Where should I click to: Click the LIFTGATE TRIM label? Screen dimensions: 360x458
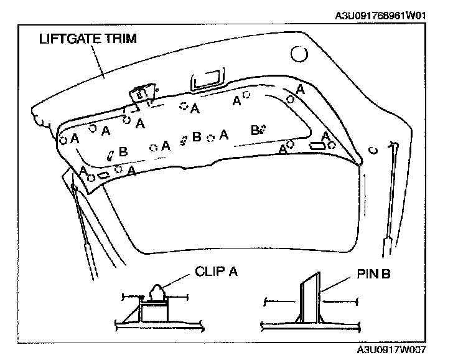[87, 39]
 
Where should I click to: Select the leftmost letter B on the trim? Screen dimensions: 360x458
[123, 151]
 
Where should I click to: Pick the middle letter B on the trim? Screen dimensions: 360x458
[197, 137]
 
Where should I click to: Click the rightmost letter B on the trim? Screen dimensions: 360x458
[254, 130]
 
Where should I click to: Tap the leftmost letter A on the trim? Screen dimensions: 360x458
[75, 138]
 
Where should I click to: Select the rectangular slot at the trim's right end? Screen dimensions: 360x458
[316, 144]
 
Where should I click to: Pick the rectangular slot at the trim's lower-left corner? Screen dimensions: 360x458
[105, 176]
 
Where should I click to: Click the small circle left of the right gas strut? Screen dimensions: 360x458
[372, 149]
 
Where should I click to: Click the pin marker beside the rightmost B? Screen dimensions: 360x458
[263, 129]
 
